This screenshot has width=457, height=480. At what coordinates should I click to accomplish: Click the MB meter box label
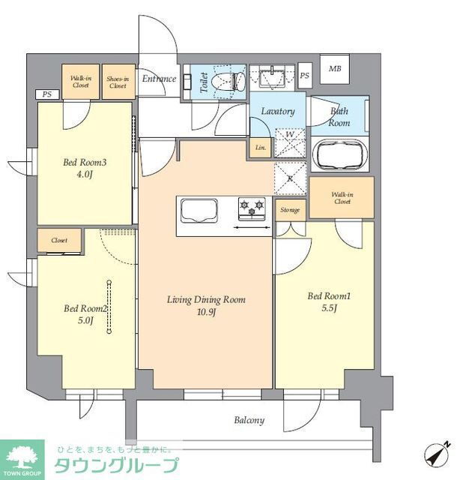point(335,69)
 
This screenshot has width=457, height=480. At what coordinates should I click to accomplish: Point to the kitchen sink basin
point(199,210)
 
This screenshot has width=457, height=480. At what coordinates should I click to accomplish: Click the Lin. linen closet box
point(260,148)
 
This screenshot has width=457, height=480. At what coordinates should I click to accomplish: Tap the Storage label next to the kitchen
point(290,210)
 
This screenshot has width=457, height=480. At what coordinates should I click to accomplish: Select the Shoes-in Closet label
point(118,82)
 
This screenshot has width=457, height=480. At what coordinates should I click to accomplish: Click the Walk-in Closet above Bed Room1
point(342,197)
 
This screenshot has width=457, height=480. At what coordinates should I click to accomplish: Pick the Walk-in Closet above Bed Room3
point(80,82)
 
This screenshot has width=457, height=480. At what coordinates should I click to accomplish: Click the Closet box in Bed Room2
point(59,240)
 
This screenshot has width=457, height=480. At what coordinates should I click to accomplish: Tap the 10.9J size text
point(207,312)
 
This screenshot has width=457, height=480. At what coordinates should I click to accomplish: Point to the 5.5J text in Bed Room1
point(329,308)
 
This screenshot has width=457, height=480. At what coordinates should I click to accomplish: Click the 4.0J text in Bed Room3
point(85,175)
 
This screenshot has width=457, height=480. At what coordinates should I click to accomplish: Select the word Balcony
point(249,420)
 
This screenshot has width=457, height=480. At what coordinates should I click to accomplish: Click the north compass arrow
point(438,454)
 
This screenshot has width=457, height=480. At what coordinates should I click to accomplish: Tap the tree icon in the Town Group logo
point(22,457)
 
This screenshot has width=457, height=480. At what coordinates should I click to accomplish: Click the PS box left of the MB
point(304,76)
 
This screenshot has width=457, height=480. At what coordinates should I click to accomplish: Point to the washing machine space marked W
point(290,143)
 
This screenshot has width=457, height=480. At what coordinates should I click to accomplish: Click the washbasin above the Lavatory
point(272,78)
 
